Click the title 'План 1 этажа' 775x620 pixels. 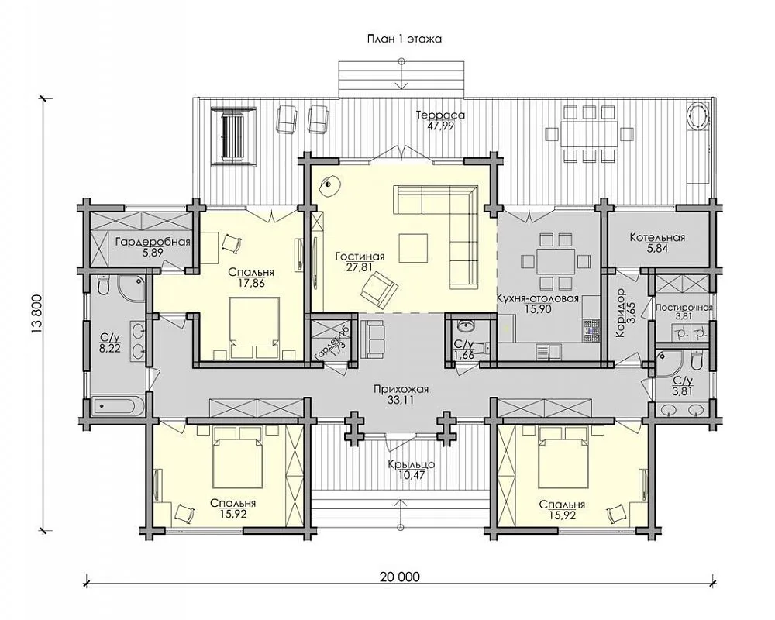404,40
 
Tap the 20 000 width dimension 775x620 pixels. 400,577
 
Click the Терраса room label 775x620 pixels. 440,115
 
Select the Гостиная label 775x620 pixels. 360,257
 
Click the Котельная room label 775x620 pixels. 657,238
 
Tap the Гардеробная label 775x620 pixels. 153,242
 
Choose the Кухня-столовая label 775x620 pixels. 538,298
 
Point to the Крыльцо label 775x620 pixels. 412,464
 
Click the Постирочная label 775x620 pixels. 684,308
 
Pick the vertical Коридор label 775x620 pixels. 620,313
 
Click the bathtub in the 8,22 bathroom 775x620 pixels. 115,407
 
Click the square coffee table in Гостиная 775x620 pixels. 414,249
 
